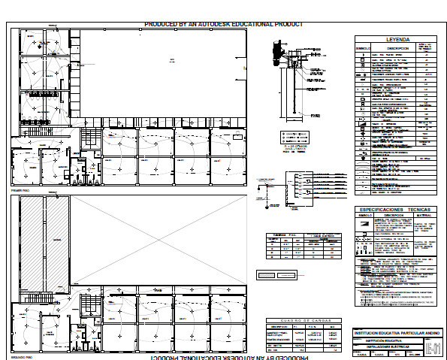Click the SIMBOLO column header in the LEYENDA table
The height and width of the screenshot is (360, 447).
click(364, 48)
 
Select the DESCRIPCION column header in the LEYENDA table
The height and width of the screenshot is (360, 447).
click(391, 48)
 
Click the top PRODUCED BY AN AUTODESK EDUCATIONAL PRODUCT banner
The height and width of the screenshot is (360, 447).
click(223, 24)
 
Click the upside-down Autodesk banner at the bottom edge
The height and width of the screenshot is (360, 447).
click(223, 356)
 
